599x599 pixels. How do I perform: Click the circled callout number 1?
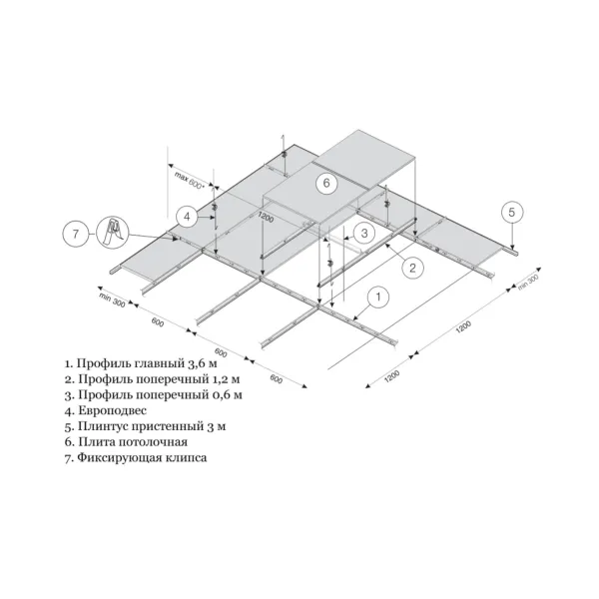pos(378,297)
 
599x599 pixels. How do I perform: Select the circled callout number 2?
pos(412,268)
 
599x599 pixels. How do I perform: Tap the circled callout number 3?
pos(364,233)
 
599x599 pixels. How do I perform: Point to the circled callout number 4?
pos(187,217)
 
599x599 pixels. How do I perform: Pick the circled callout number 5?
pos(512,212)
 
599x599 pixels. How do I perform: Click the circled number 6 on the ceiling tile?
pos(326,183)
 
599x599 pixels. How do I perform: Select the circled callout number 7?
pos(75,234)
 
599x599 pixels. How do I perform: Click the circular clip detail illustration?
pos(113,233)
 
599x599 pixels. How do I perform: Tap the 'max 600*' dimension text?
pos(190,181)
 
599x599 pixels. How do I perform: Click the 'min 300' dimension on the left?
pos(112,299)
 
